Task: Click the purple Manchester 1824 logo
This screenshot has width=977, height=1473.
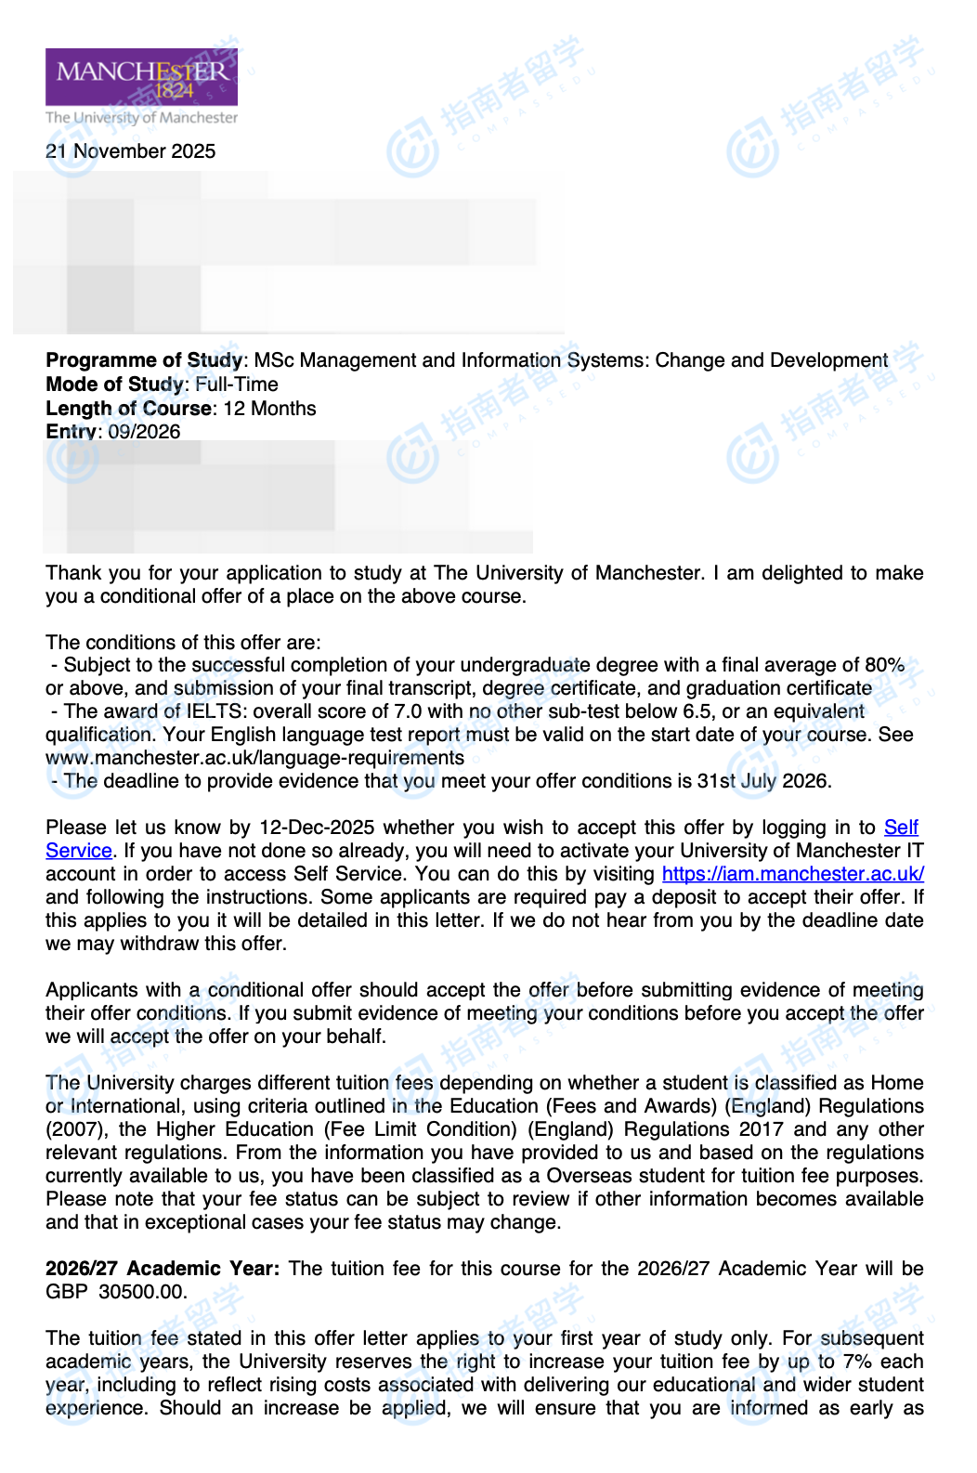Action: [x=141, y=77]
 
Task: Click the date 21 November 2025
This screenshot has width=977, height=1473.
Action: [x=130, y=151]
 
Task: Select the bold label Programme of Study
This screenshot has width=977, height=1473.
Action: [x=144, y=360]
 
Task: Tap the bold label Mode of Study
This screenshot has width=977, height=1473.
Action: [x=114, y=385]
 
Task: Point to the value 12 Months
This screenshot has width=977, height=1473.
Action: [x=270, y=409]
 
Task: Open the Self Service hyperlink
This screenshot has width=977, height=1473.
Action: [x=900, y=828]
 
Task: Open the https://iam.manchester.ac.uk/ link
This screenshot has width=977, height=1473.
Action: [x=792, y=874]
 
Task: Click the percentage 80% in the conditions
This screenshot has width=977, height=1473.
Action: [x=884, y=665]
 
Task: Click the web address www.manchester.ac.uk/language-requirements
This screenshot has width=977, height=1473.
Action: [x=254, y=758]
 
